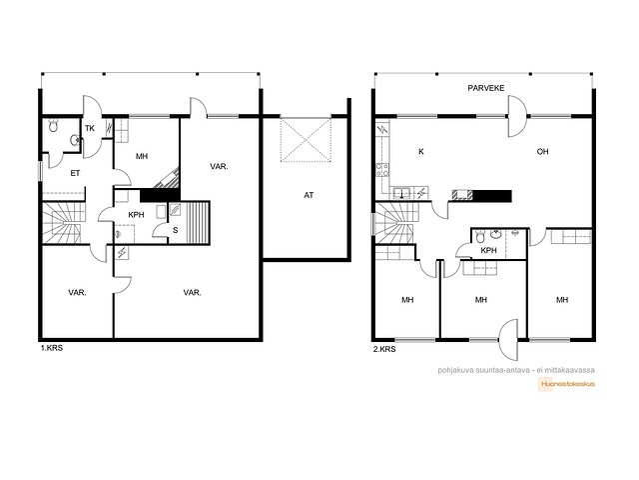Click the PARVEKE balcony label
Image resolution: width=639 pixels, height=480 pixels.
(486, 88)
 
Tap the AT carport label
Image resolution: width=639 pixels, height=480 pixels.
(309, 195)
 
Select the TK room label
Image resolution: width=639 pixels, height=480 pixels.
(90, 128)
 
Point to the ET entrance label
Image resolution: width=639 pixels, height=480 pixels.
(75, 173)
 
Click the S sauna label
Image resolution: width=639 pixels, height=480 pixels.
(176, 230)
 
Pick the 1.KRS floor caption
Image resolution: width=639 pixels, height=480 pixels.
(51, 348)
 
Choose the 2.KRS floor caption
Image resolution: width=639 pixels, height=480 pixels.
(384, 349)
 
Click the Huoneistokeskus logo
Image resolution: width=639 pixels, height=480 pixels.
(568, 384)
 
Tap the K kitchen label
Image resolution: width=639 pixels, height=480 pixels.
(421, 151)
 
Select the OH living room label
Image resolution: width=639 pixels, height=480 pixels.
(542, 151)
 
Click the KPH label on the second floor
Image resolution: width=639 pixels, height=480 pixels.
(488, 251)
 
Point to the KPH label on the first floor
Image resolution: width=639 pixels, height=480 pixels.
(136, 215)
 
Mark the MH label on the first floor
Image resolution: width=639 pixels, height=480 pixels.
(142, 156)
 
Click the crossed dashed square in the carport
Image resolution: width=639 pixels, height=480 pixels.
(306, 140)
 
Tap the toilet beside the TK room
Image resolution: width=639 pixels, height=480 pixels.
(53, 126)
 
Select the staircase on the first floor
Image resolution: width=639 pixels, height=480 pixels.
(64, 223)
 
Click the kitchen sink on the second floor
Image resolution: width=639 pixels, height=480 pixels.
(401, 192)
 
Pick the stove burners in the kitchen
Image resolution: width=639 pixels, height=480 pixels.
(382, 169)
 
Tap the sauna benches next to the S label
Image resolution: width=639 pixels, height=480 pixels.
(198, 223)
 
